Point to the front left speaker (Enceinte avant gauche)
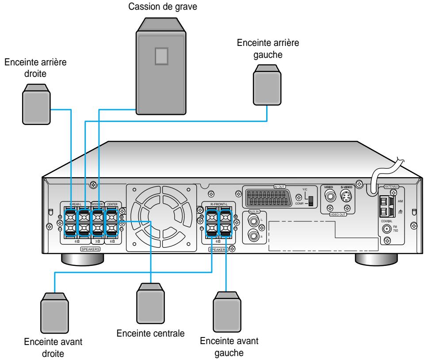pos(228,315)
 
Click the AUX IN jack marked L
pos(254,220)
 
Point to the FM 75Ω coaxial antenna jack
pos(388,229)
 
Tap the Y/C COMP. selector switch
pos(310,200)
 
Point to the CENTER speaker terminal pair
pos(112,223)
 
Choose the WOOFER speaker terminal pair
pos(98,223)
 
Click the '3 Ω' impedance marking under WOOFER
pos(98,241)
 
